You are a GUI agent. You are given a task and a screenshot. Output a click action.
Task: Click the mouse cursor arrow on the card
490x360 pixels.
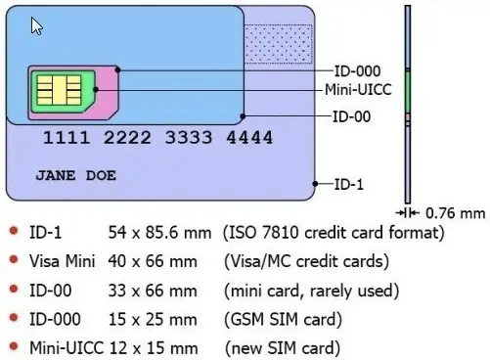[36, 25]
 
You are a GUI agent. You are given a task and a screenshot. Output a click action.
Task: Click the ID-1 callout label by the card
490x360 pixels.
[348, 184]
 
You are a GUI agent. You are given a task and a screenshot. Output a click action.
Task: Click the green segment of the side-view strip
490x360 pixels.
[408, 91]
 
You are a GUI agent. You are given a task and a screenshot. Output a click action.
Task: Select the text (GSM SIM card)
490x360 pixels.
[284, 319]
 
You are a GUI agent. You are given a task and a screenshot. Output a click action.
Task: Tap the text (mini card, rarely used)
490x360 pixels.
[312, 291]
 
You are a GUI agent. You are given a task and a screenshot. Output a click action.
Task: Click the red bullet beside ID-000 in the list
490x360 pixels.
[13, 318]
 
